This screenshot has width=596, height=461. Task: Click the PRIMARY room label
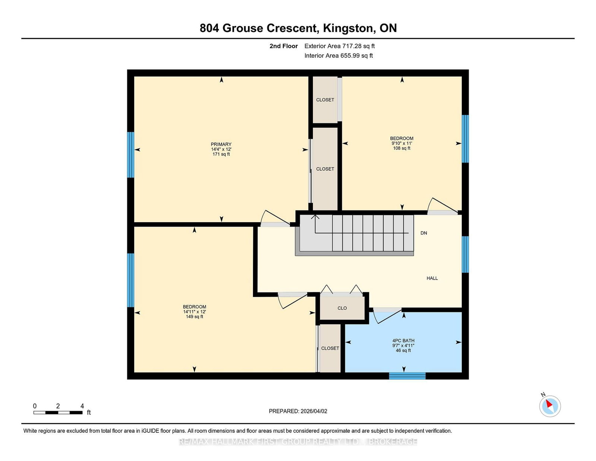[x=221, y=144]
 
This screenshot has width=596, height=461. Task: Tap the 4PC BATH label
[x=403, y=341]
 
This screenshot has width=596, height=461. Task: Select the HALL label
[x=432, y=278]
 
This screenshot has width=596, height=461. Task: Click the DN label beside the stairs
[x=424, y=233]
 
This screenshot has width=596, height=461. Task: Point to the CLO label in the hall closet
[x=342, y=308]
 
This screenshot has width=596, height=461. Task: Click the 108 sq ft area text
[x=402, y=148]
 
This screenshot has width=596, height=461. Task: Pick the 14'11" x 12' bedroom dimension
[x=194, y=312]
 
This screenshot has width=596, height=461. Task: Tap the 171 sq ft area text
[x=221, y=154]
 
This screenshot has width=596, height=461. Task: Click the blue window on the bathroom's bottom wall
[x=407, y=376]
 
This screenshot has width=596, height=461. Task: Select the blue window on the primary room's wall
[x=130, y=155]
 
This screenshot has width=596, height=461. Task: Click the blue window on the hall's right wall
[x=465, y=255]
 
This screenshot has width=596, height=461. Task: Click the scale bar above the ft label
[x=58, y=413]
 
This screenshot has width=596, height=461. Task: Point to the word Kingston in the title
[x=348, y=29]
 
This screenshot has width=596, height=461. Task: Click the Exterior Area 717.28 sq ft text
[x=339, y=46]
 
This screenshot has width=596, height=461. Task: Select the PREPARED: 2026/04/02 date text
[x=298, y=411]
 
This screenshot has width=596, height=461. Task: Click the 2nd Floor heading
[x=283, y=46]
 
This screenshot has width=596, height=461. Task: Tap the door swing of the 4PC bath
[x=387, y=316]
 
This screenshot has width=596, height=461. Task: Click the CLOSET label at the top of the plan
[x=325, y=100]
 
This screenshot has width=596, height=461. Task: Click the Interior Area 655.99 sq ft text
[x=339, y=56]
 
